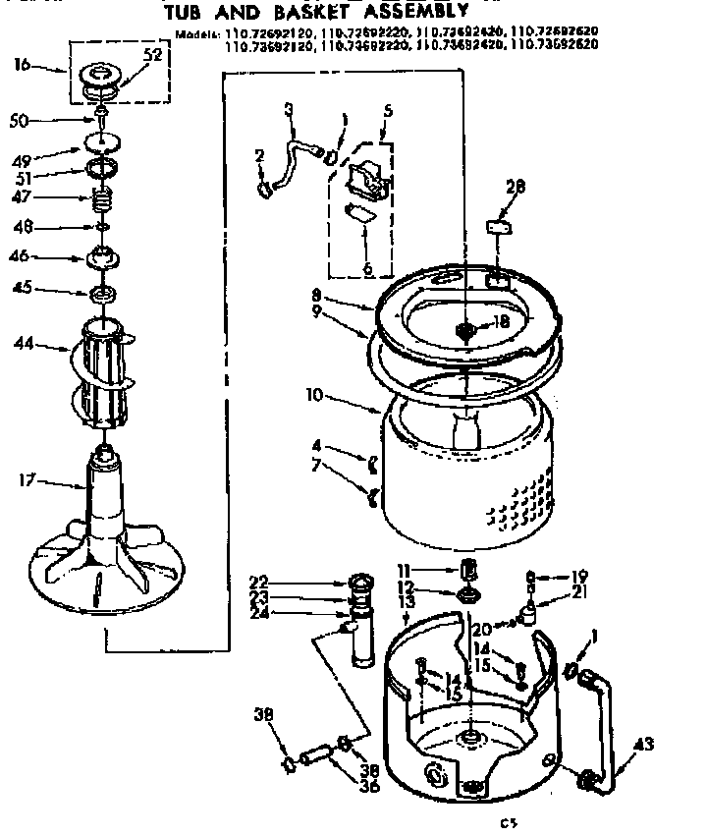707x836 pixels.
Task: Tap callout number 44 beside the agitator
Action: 24,344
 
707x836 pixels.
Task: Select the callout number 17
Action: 27,480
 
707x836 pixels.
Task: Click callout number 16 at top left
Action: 23,66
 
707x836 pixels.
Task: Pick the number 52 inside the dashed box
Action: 152,56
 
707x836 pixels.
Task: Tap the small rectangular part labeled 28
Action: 501,225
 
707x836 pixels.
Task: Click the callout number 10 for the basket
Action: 313,397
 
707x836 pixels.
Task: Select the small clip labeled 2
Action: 262,186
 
